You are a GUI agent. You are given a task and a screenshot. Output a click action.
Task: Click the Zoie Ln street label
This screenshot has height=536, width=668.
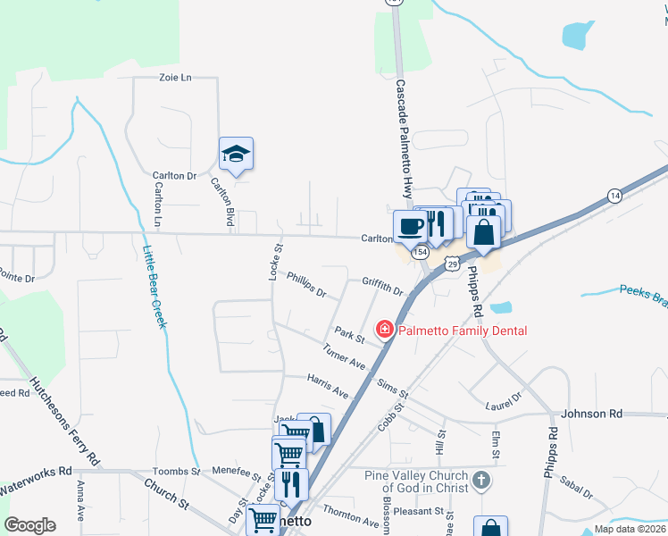point(176,78)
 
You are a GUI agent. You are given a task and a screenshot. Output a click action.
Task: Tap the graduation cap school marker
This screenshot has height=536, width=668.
point(236,154)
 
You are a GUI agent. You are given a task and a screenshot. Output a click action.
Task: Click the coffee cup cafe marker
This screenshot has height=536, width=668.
point(410,226)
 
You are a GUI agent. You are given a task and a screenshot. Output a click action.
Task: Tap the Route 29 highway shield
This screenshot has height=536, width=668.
point(453,264)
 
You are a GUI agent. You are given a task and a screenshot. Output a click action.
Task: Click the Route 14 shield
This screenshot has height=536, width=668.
point(614,195)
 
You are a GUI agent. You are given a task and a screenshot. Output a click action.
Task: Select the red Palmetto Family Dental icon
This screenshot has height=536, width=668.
point(385,331)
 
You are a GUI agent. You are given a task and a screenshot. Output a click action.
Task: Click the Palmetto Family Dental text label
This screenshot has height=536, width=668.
point(463,331)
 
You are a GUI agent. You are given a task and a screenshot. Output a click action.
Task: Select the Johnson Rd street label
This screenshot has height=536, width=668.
point(591,414)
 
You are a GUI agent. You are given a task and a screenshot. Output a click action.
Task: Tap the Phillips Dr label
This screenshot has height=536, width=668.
point(306,285)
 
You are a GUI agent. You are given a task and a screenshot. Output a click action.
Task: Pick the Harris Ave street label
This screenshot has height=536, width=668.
point(328,387)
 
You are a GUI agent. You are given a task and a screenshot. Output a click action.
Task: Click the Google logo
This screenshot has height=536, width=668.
point(29,525)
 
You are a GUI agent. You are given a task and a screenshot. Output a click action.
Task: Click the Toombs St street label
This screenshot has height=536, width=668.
point(177,471)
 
